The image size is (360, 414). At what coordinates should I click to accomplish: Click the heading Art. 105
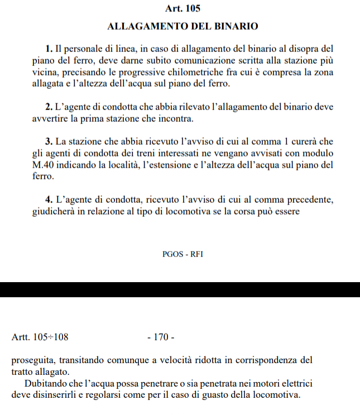(183, 8)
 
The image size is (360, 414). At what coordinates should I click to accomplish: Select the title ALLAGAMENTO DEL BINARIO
(183, 26)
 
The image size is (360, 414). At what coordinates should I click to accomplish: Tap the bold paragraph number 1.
(49, 49)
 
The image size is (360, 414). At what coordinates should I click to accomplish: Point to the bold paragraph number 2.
(49, 106)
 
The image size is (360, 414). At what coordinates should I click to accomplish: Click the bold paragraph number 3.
(49, 141)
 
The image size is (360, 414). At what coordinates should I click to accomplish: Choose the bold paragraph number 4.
(49, 199)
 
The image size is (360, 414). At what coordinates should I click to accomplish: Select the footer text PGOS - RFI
(183, 254)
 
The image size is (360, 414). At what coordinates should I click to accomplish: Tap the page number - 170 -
(161, 337)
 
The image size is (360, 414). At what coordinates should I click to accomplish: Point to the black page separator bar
(180, 290)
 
